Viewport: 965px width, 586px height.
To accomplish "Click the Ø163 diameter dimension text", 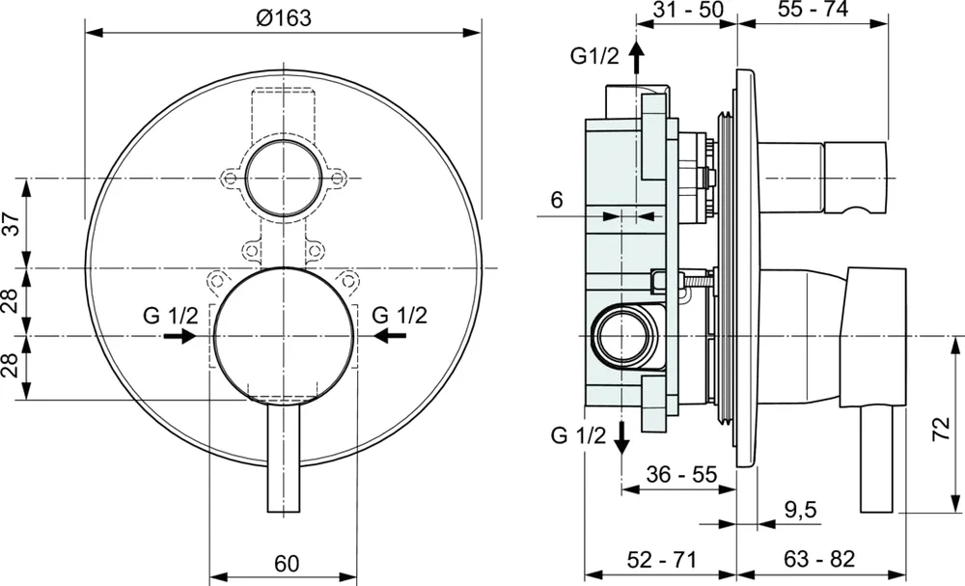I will [284, 18].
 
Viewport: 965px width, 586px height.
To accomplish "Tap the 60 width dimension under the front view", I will [287, 563].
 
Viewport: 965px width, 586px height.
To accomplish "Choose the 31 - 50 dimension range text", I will [688, 12].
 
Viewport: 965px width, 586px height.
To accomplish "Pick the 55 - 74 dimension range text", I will [813, 12].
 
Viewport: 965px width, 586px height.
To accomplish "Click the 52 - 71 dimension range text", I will [661, 560].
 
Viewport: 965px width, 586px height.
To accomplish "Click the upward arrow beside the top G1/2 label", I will [635, 58].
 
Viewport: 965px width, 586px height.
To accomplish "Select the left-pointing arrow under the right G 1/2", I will [391, 335].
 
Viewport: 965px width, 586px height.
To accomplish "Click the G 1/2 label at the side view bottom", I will [577, 435].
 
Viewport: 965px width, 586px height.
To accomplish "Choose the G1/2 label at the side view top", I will [593, 55].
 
